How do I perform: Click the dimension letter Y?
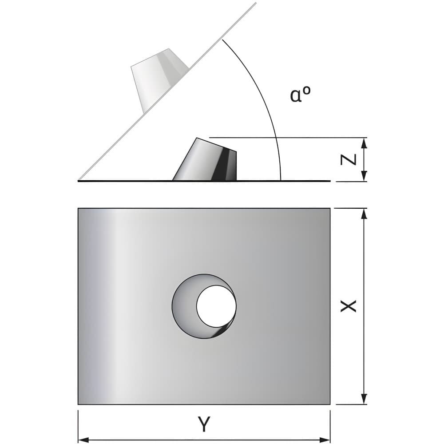[x=204, y=424]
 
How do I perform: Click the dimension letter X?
[x=348, y=306]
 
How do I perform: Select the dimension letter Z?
[x=348, y=160]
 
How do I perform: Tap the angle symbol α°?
[x=300, y=94]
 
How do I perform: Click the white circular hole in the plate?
[x=216, y=305]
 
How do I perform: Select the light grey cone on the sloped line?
[x=159, y=80]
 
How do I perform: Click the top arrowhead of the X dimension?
[x=365, y=214]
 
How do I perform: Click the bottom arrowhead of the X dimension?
[x=365, y=399]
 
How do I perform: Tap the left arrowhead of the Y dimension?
[x=83, y=440]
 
